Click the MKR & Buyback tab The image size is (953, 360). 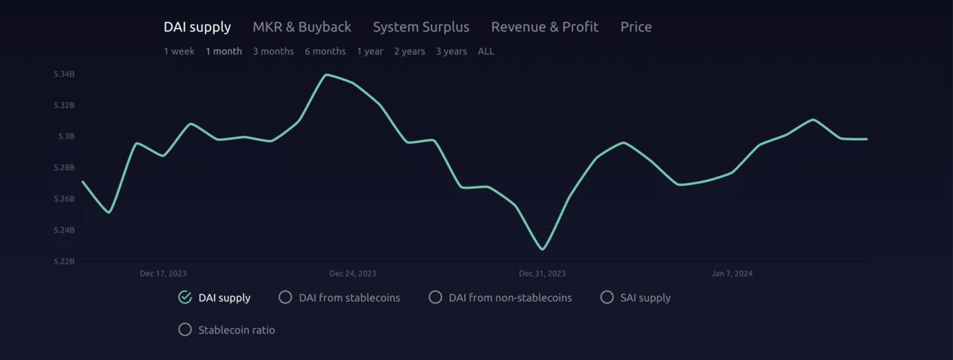click(302, 27)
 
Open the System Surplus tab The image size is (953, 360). click(421, 27)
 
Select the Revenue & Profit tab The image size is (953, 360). click(545, 27)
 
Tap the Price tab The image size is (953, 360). click(636, 27)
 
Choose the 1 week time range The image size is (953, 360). click(179, 52)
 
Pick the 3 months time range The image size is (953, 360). click(273, 52)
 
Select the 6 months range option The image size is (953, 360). click(325, 52)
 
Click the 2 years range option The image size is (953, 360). click(409, 52)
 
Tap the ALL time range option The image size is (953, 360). click(486, 52)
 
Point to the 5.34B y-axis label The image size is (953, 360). click(65, 74)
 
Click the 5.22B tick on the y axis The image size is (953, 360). click(65, 261)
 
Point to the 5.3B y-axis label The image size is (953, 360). click(66, 137)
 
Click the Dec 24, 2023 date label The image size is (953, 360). click(352, 274)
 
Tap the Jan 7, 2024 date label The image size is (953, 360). click(732, 274)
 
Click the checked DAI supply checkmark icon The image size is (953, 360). click(185, 297)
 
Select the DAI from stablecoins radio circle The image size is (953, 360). click(285, 297)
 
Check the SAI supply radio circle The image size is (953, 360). click(607, 297)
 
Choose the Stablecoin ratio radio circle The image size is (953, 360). click(185, 330)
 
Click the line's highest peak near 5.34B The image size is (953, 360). click(327, 74)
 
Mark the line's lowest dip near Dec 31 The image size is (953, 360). click(542, 250)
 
